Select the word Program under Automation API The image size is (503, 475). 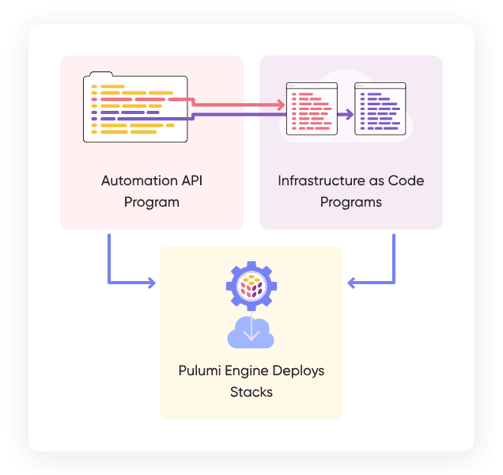pos(151,202)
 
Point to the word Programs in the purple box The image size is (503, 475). pos(351,202)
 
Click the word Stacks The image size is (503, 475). pos(251,391)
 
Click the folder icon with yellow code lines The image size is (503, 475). pos(135,108)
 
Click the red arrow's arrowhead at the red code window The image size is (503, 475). pos(280,104)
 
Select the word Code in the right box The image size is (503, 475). pos(409,180)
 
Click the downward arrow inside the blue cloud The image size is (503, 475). pos(251,332)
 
